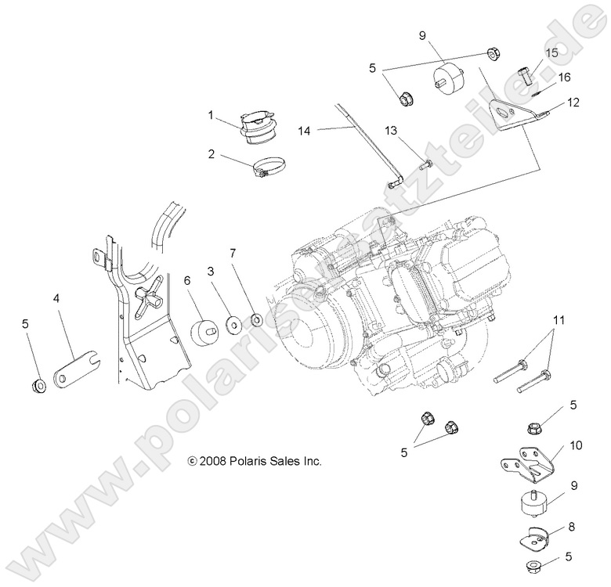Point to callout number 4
[x=56, y=298]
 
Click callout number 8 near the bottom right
[x=571, y=528]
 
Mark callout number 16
[x=564, y=77]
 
